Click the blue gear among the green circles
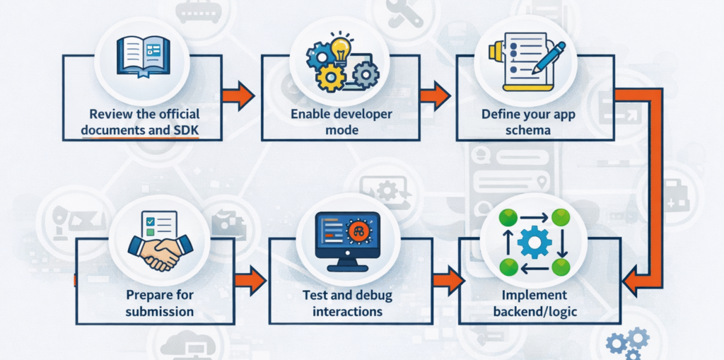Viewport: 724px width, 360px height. click(x=534, y=243)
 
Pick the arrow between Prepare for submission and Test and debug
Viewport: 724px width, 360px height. click(x=249, y=281)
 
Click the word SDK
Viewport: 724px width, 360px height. click(x=185, y=129)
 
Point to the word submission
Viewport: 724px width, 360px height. click(x=160, y=310)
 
